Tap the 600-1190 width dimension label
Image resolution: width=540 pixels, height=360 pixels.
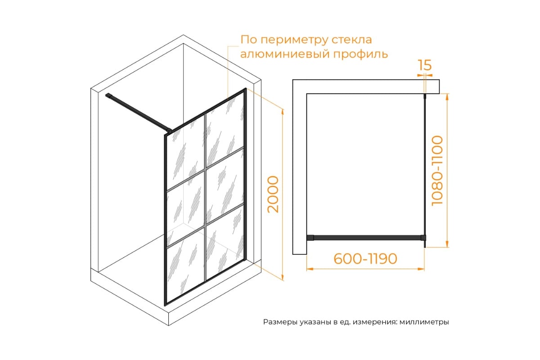(365, 259)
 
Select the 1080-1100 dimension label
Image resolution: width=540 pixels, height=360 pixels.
(437, 171)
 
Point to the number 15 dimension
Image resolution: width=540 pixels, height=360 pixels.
(425, 66)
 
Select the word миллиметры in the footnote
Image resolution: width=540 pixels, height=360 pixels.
(424, 322)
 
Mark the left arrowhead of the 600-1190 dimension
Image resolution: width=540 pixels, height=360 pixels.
(309, 269)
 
